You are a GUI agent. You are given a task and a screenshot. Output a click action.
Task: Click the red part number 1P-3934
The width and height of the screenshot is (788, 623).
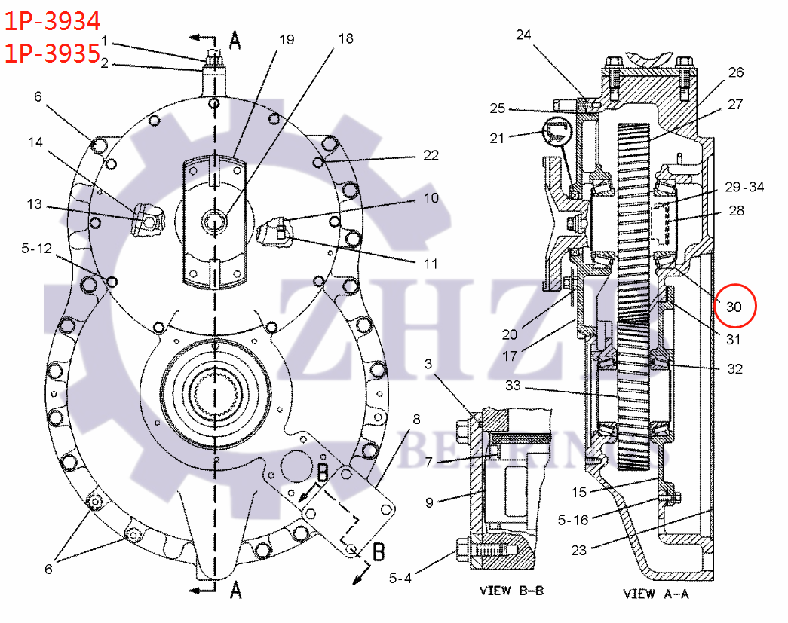tap(53, 20)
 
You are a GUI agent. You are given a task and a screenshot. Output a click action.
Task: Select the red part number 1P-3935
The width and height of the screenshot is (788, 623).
tap(53, 53)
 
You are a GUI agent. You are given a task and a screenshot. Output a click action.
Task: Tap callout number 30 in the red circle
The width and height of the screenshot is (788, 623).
tap(734, 306)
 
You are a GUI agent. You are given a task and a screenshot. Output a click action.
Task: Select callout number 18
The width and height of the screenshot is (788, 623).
tap(345, 38)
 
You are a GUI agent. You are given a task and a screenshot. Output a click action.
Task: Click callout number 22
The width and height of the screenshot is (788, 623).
tap(430, 156)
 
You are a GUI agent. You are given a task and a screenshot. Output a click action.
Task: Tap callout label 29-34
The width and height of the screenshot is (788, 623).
tap(744, 187)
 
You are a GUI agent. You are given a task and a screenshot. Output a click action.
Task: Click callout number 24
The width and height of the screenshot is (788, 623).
tap(544, 35)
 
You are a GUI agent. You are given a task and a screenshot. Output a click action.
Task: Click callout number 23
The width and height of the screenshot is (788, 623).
tap(578, 550)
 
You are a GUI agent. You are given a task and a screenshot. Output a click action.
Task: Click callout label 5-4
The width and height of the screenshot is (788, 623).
tap(400, 579)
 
